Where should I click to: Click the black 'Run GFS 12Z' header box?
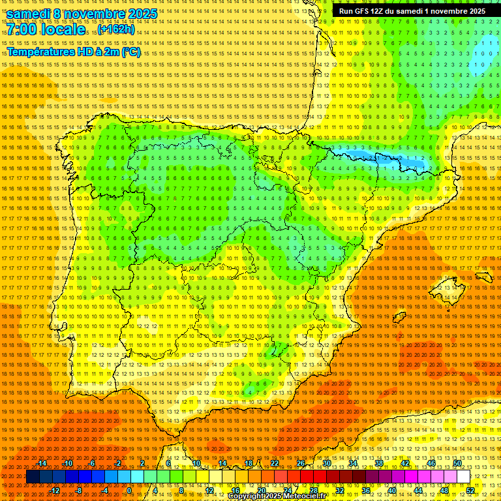412,11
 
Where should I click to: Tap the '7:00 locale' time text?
46,30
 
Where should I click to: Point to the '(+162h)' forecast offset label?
117,30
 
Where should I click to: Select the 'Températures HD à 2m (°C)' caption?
74,52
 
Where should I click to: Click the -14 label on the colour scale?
42,463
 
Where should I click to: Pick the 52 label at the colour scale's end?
470,491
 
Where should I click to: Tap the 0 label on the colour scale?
129,491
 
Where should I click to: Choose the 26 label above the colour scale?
301,463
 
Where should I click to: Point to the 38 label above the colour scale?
379,463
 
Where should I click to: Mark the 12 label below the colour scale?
209,491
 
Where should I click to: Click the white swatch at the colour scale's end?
463,477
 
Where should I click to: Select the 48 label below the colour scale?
444,491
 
